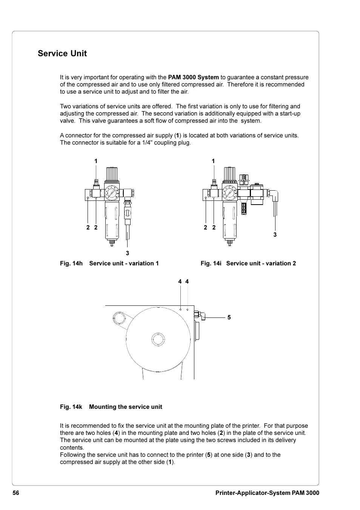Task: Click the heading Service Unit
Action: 62,54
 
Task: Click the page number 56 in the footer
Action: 16,493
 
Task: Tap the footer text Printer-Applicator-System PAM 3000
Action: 267,493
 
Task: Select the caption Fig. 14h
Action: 71,263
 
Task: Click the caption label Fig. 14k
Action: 71,407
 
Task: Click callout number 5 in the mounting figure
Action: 229,317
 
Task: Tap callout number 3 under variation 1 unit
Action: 128,253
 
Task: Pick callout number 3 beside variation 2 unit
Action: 275,235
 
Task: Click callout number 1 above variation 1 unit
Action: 96,161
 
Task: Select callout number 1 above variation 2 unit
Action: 213,161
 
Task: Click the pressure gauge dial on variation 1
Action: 112,193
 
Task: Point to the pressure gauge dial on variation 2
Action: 229,193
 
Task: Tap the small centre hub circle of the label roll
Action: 158,339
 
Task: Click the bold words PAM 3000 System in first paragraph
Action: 193,77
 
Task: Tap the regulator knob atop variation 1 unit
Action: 112,174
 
